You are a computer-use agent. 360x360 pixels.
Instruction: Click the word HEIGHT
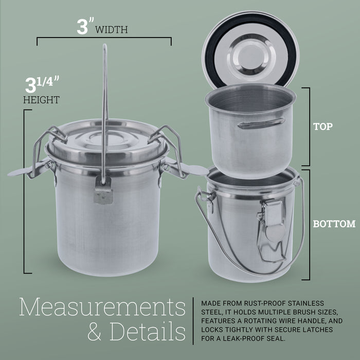point(41,100)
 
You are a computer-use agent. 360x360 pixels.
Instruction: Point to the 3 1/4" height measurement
point(42,84)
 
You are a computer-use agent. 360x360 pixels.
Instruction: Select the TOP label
point(323,126)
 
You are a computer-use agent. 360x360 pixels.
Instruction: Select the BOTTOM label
point(334,224)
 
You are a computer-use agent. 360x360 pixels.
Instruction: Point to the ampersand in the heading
point(97,332)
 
